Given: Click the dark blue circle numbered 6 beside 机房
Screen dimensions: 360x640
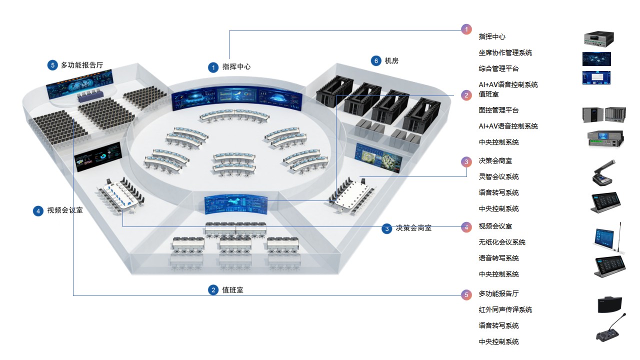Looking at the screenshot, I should click(x=376, y=61).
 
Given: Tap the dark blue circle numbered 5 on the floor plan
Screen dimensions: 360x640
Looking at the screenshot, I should click(x=52, y=65).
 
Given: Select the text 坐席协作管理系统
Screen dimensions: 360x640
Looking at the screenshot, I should click(x=505, y=52).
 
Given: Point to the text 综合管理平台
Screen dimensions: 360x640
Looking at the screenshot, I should click(x=498, y=68).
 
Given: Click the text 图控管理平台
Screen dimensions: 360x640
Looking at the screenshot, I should click(x=498, y=110).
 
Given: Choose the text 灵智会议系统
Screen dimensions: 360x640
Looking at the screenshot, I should click(x=498, y=176).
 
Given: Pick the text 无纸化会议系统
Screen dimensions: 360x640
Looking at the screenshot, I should click(x=502, y=242).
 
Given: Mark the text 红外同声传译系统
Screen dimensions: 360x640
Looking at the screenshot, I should click(x=505, y=309).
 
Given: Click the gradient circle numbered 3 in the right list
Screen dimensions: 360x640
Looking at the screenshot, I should click(x=466, y=161).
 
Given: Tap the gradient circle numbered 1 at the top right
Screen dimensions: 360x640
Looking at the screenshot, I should click(x=466, y=29).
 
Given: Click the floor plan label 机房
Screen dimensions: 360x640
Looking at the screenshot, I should click(x=391, y=61).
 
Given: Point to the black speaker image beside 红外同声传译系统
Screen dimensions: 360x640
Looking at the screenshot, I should click(x=610, y=304).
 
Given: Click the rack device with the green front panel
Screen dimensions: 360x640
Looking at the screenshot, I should click(x=605, y=138).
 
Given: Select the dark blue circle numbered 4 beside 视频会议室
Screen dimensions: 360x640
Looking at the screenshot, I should click(x=38, y=211).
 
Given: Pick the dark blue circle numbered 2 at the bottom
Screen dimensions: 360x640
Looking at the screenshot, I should click(x=213, y=290).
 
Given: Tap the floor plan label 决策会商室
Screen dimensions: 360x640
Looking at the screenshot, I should click(x=413, y=228).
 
